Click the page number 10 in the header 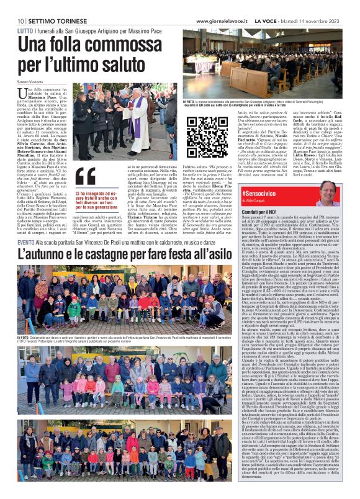coord(21,4)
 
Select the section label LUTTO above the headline coord(25,13)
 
